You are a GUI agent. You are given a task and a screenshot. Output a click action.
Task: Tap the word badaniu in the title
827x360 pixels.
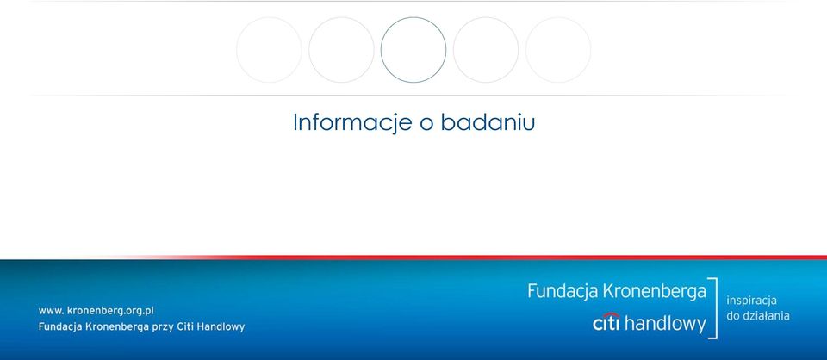click(488, 121)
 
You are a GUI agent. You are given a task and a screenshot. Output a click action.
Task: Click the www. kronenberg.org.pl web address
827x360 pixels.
click(96, 311)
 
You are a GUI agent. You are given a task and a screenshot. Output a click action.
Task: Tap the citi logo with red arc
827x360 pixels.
click(606, 322)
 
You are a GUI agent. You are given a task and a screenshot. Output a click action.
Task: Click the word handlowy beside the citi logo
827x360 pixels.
click(665, 324)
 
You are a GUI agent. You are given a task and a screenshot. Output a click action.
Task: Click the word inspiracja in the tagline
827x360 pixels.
click(751, 301)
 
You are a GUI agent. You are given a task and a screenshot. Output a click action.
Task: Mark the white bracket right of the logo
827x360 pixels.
click(716, 307)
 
